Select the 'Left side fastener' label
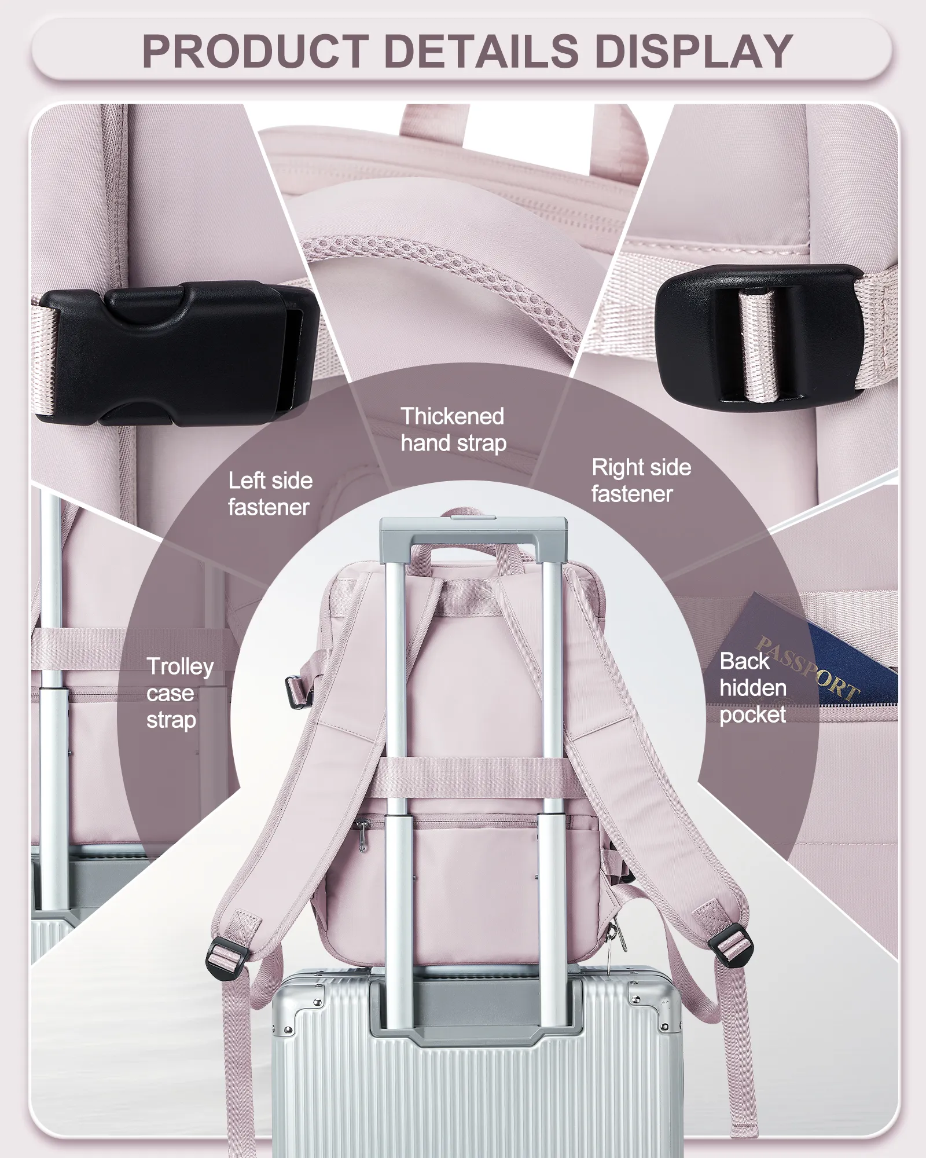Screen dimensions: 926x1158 (x=270, y=494)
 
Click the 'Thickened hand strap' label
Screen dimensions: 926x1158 (x=453, y=430)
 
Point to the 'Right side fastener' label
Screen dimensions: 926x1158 (x=641, y=481)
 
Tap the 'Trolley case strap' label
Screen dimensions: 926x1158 (x=180, y=693)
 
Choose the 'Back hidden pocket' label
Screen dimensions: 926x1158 (x=753, y=688)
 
